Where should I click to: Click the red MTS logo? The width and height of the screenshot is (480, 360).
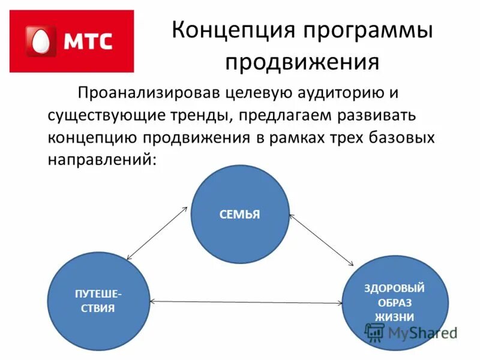(x=72, y=41)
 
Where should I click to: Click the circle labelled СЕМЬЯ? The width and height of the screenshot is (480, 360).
(x=240, y=214)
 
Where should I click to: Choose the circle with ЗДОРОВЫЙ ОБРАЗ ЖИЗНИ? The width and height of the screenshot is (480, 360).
(x=394, y=302)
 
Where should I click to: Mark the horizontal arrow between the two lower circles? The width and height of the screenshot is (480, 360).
(x=246, y=301)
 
